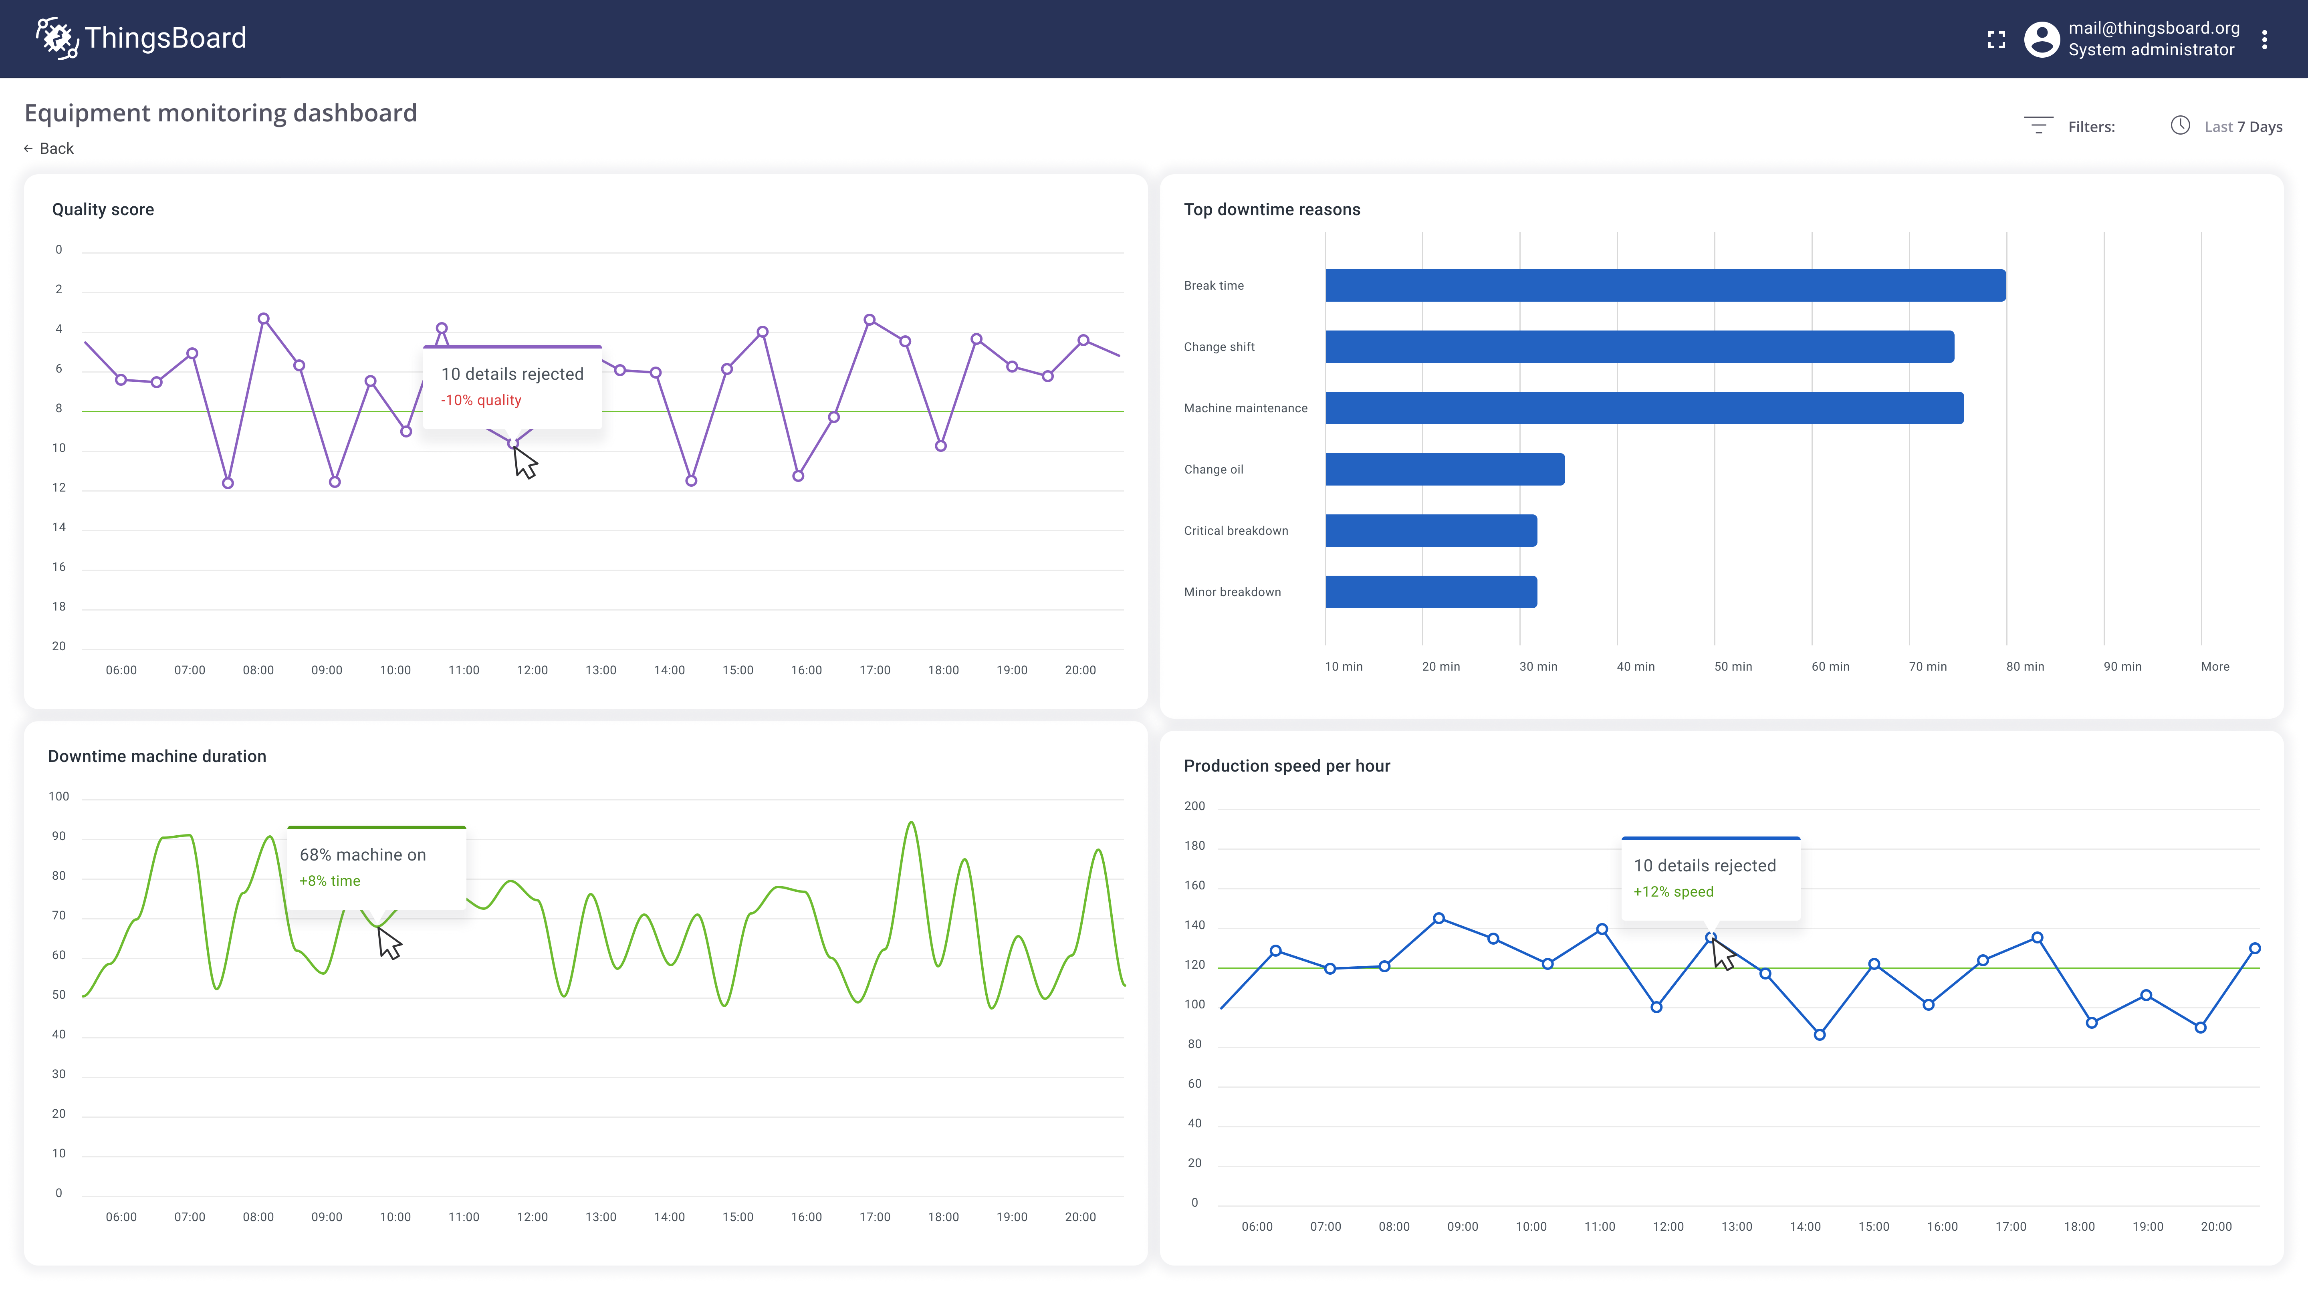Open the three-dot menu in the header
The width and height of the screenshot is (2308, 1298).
pyautogui.click(x=2264, y=39)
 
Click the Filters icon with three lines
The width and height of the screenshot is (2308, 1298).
pyautogui.click(x=2038, y=125)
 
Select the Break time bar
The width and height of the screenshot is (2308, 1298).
pyautogui.click(x=1665, y=286)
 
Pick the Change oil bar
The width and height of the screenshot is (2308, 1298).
pyautogui.click(x=1444, y=470)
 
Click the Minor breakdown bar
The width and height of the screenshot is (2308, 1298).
pyautogui.click(x=1431, y=592)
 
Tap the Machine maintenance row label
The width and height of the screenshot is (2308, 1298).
pyautogui.click(x=1245, y=409)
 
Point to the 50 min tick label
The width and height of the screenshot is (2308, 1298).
pyautogui.click(x=1733, y=667)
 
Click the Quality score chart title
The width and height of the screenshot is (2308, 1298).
pyautogui.click(x=103, y=210)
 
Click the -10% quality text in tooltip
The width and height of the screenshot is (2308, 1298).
pyautogui.click(x=481, y=401)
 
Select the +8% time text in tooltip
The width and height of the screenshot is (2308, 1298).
pyautogui.click(x=330, y=881)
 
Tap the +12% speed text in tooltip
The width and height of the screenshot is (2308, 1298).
pyautogui.click(x=1673, y=892)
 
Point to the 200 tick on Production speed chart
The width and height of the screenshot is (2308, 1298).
pyautogui.click(x=1194, y=806)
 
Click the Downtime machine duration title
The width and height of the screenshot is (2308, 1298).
pyautogui.click(x=157, y=757)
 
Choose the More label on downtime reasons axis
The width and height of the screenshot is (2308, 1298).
pyautogui.click(x=2215, y=667)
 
